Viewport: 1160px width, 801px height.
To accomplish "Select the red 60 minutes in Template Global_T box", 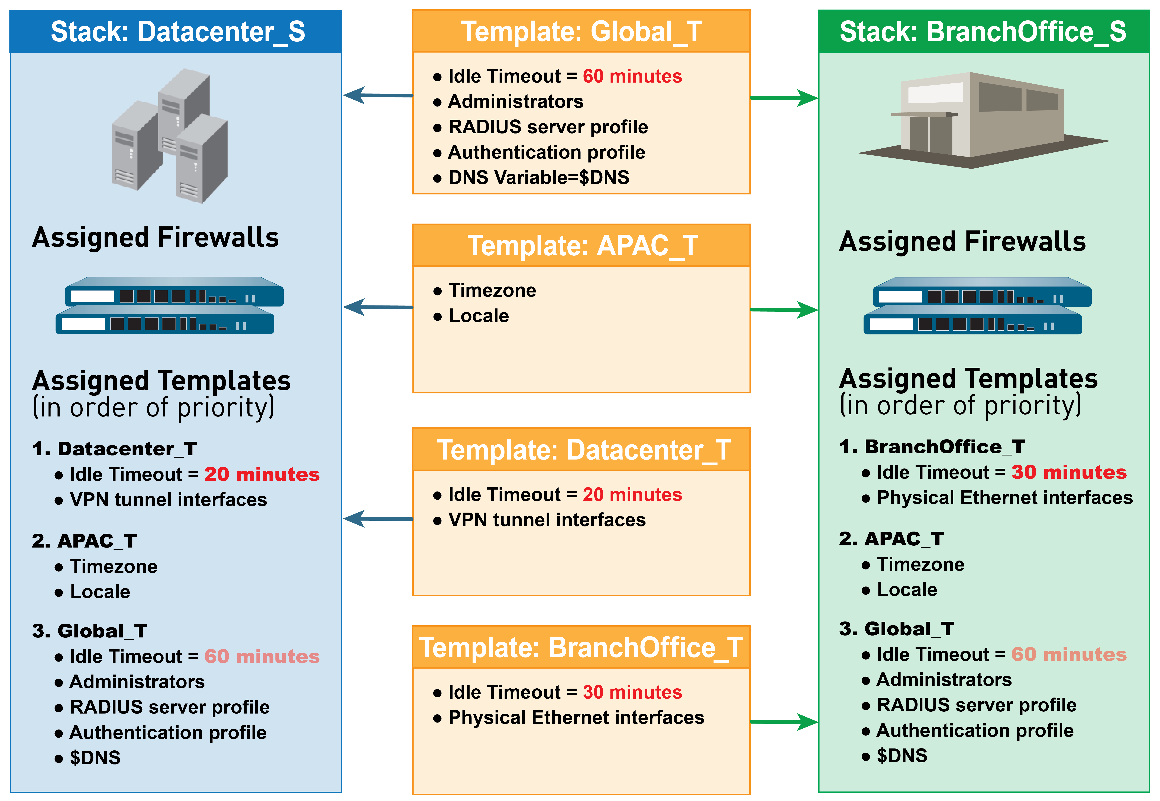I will (x=632, y=76).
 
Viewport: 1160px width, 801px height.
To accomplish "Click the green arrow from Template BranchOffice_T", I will (x=784, y=722).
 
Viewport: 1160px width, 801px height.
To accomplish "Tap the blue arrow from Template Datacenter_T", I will (x=378, y=518).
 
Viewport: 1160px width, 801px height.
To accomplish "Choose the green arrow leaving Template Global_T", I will (x=784, y=98).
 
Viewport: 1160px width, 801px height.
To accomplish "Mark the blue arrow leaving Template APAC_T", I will (x=378, y=307).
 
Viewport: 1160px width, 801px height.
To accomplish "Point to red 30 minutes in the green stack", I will (x=1069, y=472).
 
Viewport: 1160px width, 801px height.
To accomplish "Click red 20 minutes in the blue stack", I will (x=261, y=474).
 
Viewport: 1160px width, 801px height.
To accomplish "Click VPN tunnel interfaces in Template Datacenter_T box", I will (x=547, y=520).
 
